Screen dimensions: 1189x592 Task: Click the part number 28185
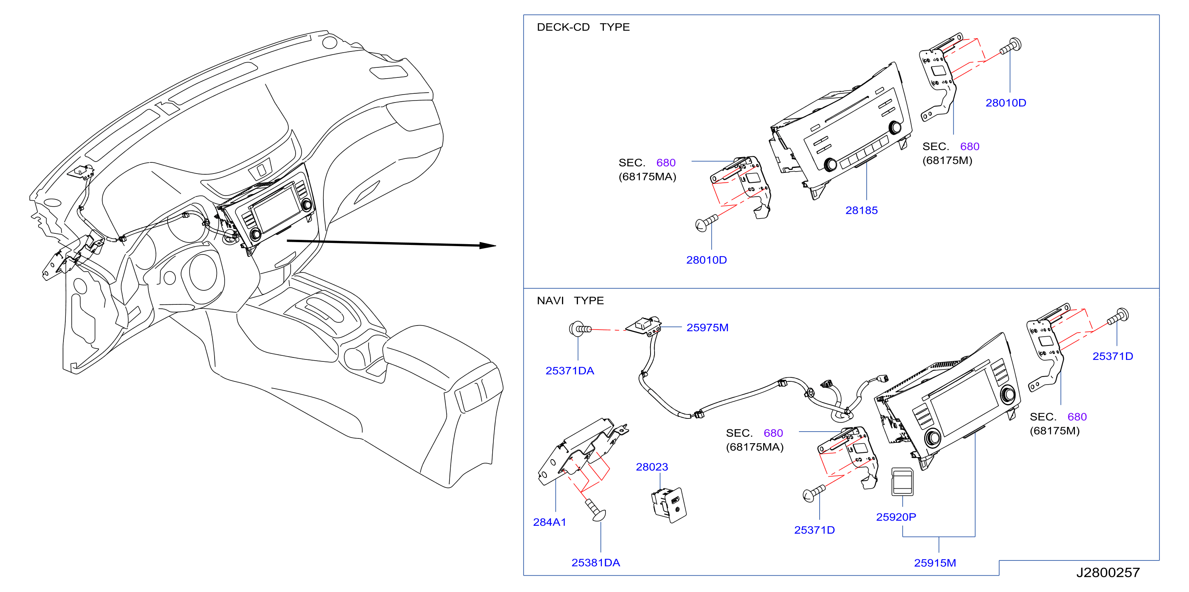[861, 210]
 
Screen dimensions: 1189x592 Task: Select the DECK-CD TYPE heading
[583, 27]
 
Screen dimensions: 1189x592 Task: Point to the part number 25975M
[707, 328]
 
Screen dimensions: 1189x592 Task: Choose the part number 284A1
[549, 522]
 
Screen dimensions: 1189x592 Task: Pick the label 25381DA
[595, 562]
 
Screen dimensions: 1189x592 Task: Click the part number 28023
[652, 467]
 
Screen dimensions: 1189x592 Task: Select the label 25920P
[896, 517]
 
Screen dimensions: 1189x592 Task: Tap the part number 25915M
[935, 562]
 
